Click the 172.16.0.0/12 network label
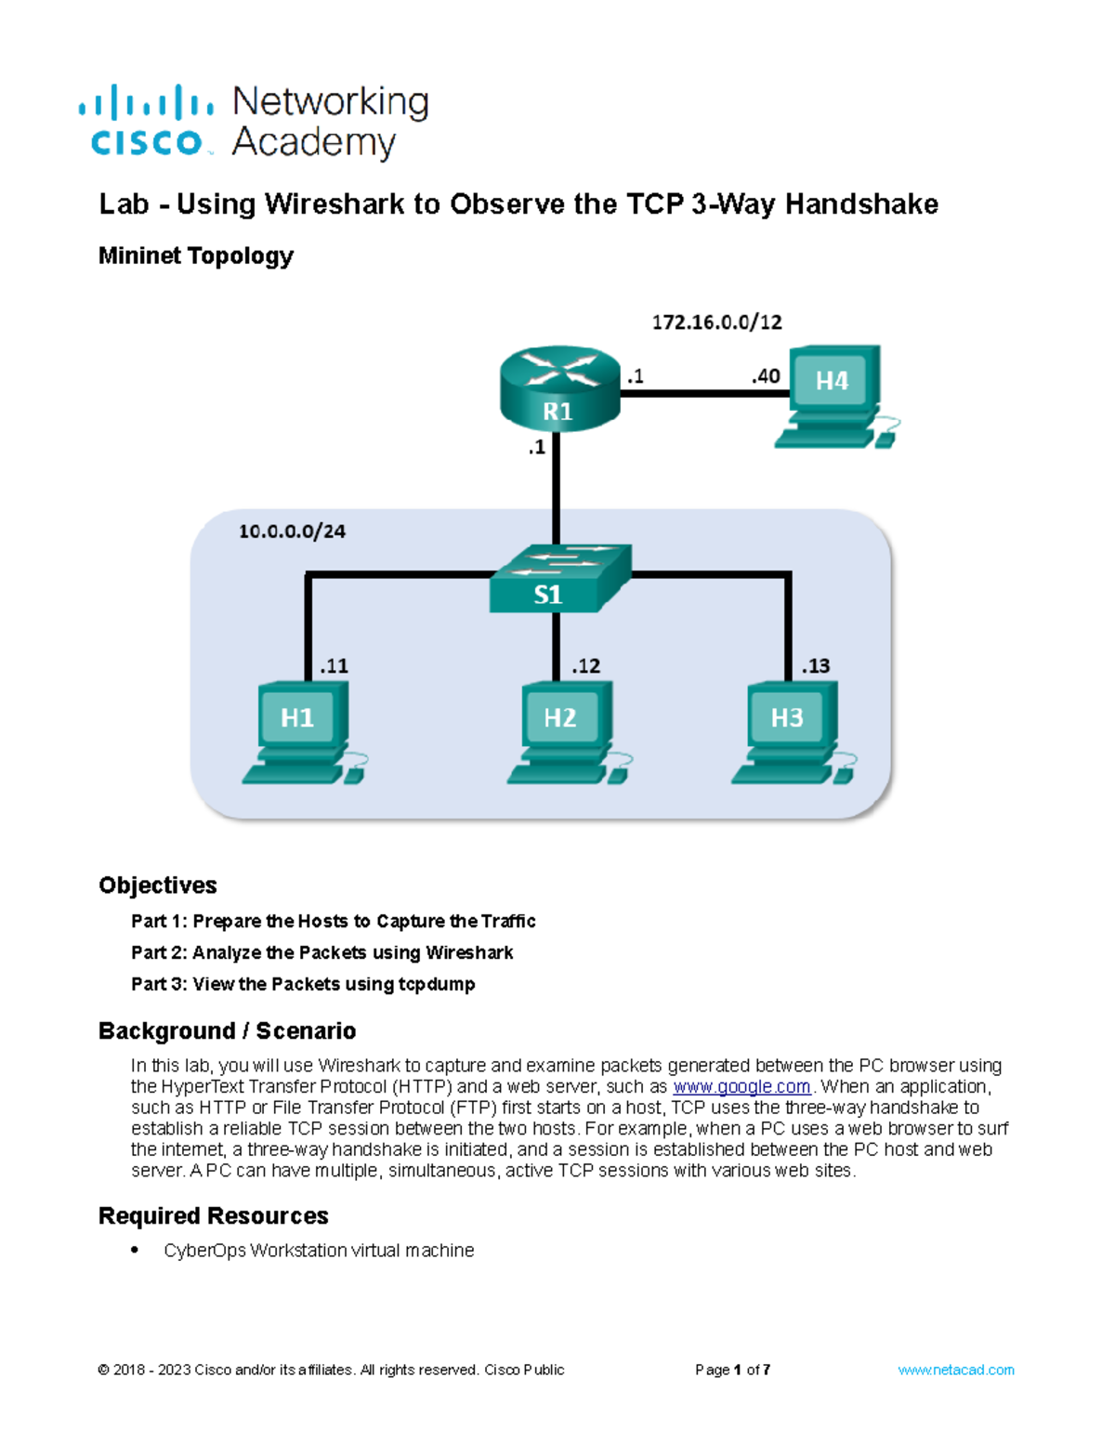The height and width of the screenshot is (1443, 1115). [716, 322]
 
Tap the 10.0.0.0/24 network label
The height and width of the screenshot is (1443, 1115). [292, 531]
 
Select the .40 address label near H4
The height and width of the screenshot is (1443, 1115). [766, 376]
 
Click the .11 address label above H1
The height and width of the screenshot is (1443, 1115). [334, 666]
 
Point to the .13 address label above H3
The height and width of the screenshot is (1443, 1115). [815, 666]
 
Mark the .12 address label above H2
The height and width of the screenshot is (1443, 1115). [585, 666]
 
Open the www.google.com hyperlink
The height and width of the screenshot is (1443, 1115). [741, 1087]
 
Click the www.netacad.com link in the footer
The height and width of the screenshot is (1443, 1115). [955, 1370]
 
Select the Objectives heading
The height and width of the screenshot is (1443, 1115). [158, 885]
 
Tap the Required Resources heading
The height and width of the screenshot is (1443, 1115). [214, 1216]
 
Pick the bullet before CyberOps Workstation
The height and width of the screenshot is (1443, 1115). [137, 1251]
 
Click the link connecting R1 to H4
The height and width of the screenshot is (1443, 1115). [703, 393]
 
